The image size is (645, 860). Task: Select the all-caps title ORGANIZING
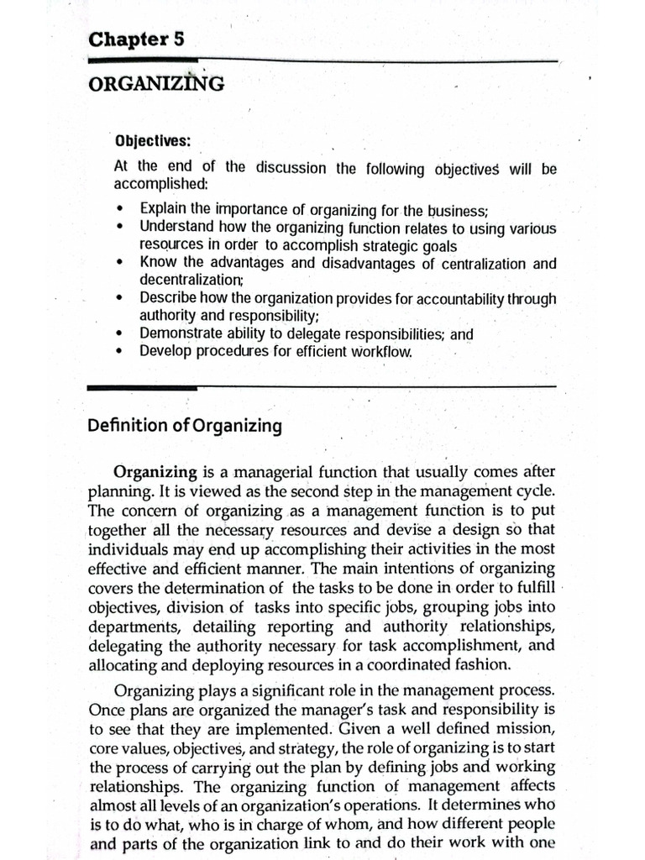(x=155, y=83)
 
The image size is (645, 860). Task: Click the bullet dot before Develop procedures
(x=123, y=351)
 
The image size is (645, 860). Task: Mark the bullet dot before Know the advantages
(x=123, y=263)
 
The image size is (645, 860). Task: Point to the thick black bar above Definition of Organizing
(x=143, y=387)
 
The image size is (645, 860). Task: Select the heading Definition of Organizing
(x=185, y=426)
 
